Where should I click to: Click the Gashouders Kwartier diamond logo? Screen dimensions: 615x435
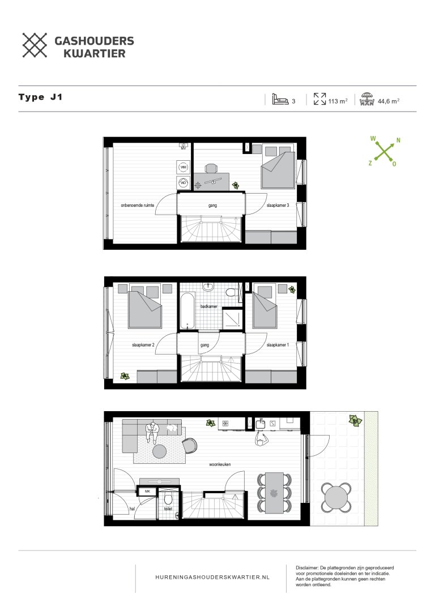click(x=35, y=45)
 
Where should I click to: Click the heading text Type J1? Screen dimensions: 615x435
click(x=40, y=97)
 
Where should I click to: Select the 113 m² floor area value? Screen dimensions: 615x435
click(x=338, y=101)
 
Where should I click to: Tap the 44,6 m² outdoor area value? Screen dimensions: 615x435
click(x=389, y=101)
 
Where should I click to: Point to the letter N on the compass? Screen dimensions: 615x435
click(x=398, y=140)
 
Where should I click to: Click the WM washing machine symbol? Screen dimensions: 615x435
click(x=183, y=168)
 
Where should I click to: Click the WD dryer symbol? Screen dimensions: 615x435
click(x=183, y=183)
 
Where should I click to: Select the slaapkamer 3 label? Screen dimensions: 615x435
click(x=278, y=206)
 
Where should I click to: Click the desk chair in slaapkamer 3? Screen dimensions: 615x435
click(x=211, y=168)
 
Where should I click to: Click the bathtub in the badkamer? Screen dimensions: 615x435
click(x=187, y=311)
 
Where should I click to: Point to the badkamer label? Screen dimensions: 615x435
click(x=208, y=306)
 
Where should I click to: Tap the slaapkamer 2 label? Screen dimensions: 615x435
click(x=143, y=344)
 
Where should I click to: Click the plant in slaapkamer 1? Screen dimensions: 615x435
click(x=292, y=289)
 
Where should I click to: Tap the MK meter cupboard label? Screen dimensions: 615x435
click(x=148, y=492)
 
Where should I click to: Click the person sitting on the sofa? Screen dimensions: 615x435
click(x=152, y=433)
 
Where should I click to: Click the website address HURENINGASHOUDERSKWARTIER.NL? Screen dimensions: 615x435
click(x=212, y=576)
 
